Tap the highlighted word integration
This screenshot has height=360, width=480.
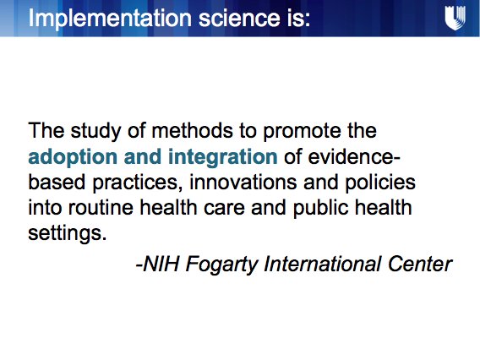tap(221, 158)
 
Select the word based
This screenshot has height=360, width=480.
tap(54, 183)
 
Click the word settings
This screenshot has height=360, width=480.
tap(67, 232)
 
